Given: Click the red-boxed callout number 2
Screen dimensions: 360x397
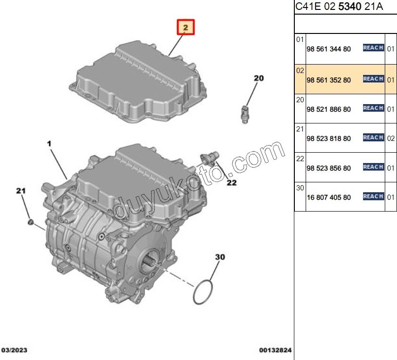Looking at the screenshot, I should click(x=186, y=28).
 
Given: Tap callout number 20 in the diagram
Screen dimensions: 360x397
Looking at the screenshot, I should click(x=259, y=78).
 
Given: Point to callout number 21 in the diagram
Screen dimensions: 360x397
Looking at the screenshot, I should click(x=20, y=190).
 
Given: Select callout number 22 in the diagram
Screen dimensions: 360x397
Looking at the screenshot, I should click(x=231, y=182).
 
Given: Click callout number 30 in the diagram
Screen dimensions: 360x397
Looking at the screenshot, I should click(x=220, y=257).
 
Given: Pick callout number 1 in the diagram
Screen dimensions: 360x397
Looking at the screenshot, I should click(x=49, y=142).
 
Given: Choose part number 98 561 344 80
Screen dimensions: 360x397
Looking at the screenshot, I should click(x=328, y=49).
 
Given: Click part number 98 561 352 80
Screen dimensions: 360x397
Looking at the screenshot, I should click(x=328, y=80).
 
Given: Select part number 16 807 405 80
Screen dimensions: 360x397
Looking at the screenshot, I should click(x=328, y=197).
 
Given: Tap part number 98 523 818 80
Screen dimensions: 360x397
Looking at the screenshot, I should click(x=328, y=139).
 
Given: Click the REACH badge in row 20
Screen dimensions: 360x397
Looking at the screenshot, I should click(x=373, y=108).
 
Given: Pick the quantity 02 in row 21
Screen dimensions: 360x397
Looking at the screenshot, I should click(x=390, y=139).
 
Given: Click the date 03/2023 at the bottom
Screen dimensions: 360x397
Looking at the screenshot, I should click(x=15, y=350).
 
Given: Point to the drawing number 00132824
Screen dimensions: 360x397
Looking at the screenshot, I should click(x=275, y=350).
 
